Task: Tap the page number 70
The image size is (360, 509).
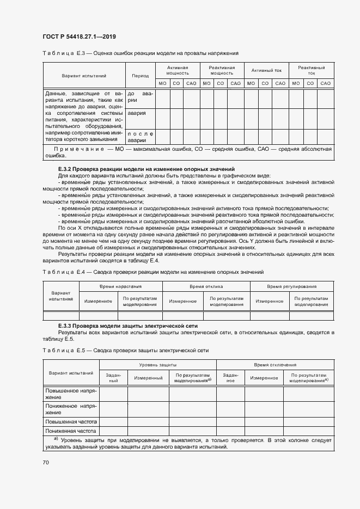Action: [46, 462]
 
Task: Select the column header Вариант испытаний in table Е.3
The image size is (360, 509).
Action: [84, 76]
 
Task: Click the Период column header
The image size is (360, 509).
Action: [140, 76]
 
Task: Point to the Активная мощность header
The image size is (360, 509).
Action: [177, 70]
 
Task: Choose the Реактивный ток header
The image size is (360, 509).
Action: [310, 70]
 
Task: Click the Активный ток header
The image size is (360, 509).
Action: [266, 70]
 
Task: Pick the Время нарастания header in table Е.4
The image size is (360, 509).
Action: [120, 286]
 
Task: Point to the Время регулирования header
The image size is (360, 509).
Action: [291, 286]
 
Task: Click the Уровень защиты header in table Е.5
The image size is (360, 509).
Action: [157, 365]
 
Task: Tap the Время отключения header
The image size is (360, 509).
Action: [275, 365]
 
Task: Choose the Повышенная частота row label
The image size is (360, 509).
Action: [71, 421]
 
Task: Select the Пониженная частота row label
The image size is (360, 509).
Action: [71, 431]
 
